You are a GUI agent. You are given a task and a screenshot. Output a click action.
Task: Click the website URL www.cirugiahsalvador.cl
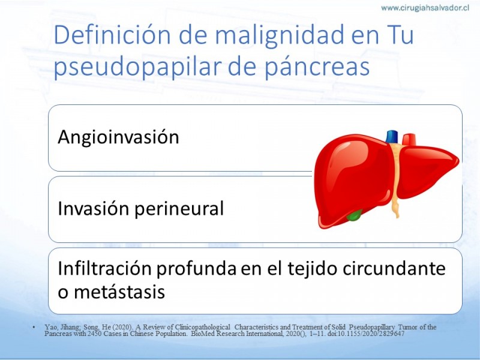pyautogui.click(x=425, y=8)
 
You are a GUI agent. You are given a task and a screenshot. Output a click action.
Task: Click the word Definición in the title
pyautogui.click(x=112, y=35)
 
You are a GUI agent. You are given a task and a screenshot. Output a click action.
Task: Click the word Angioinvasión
pyautogui.click(x=118, y=137)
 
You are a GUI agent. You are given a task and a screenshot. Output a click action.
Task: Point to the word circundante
pyautogui.click(x=394, y=268)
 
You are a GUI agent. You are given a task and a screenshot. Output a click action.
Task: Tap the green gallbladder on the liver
pyautogui.click(x=354, y=215)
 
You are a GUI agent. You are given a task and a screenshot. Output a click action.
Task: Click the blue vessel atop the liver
pyautogui.click(x=392, y=137)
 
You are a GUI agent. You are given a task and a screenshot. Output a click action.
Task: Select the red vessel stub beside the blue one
pyautogui.click(x=409, y=139)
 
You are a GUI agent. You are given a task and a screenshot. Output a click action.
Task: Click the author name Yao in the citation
pyautogui.click(x=50, y=327)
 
